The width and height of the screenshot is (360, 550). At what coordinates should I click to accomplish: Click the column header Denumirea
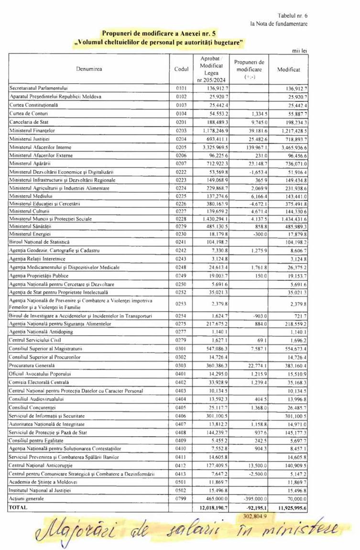88,69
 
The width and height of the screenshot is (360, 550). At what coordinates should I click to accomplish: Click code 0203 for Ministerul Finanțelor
181,130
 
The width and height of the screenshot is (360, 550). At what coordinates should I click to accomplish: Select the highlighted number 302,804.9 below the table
251,516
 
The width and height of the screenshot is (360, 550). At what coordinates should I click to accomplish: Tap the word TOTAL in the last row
19,506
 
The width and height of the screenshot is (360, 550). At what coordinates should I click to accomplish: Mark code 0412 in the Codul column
181,464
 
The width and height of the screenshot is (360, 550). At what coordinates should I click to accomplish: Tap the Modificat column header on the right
289,69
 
